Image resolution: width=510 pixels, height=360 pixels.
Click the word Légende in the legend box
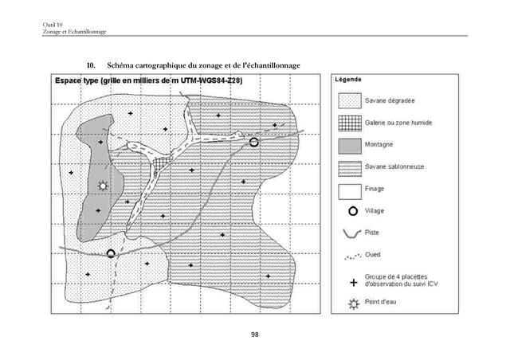[x=347, y=80]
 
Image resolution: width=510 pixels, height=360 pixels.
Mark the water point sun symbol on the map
[x=101, y=186]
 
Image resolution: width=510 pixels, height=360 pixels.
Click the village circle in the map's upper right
[x=253, y=143]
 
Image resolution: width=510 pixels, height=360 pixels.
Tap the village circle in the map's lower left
[x=112, y=253]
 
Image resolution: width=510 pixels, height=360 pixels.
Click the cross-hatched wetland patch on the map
[x=162, y=162]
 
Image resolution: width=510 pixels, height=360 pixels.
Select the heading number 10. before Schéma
[x=92, y=64]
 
